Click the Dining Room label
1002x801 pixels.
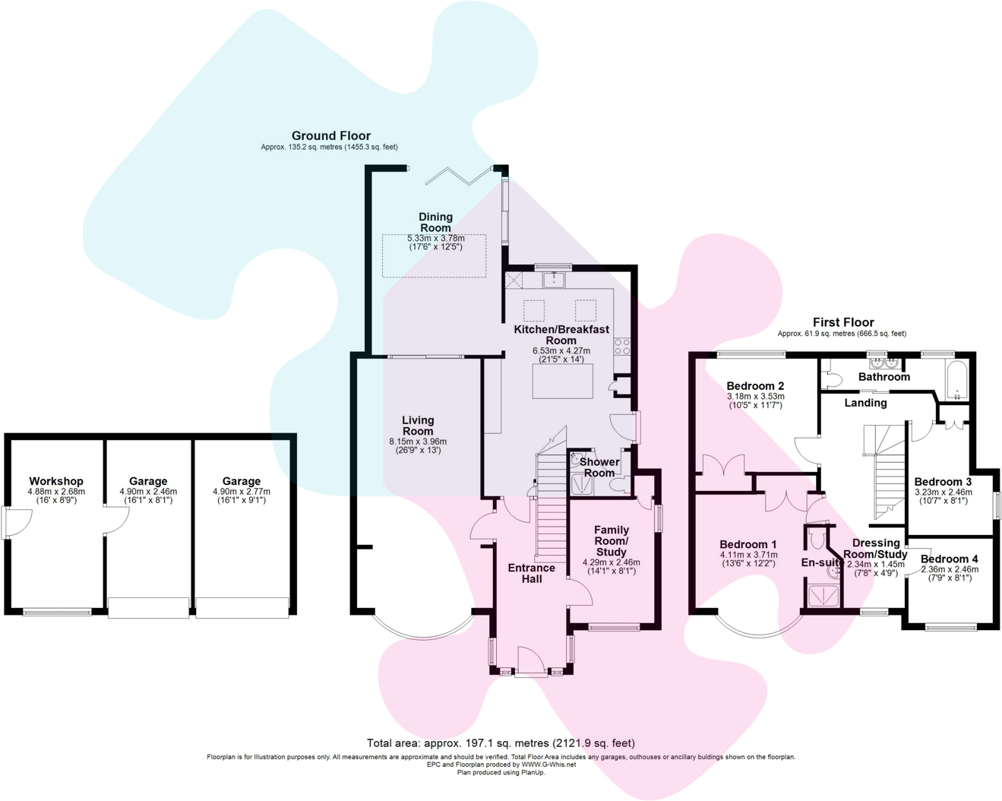435,223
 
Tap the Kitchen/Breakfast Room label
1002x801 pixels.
561,335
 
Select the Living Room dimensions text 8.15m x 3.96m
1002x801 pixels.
418,442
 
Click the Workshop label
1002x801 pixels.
56,481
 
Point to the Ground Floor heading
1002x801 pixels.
331,136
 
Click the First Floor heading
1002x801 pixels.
843,322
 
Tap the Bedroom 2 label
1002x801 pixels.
755,385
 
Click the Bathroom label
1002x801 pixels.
883,377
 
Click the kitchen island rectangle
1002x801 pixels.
562,382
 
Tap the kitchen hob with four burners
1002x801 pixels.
622,347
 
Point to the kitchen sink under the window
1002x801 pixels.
554,280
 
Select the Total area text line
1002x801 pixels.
501,743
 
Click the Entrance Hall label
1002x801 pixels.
531,573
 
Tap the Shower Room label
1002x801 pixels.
599,467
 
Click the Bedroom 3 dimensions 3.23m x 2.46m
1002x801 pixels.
943,492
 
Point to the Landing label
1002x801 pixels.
865,403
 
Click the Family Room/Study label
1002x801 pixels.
611,540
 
